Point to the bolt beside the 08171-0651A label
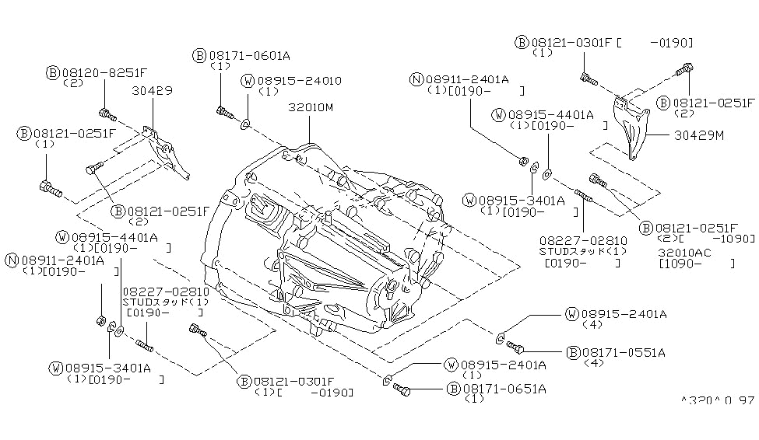[402, 387]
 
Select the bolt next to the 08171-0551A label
[516, 347]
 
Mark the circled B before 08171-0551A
[572, 351]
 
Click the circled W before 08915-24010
[247, 80]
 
